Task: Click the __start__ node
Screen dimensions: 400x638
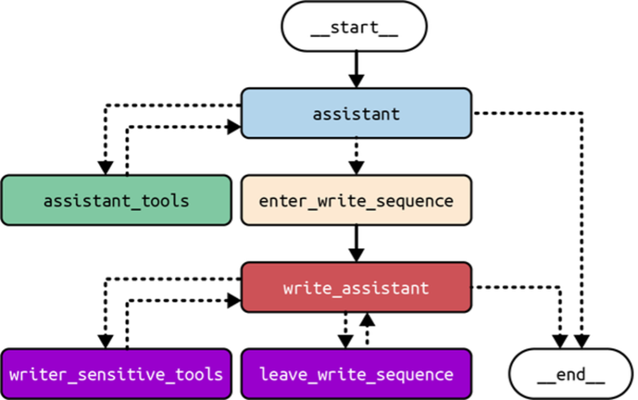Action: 355,28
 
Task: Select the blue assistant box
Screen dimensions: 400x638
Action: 356,113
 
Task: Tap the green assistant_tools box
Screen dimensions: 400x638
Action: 116,200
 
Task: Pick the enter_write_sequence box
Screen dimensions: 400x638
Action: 356,200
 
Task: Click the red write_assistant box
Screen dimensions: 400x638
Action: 356,287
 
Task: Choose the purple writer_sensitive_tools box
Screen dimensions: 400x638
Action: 116,374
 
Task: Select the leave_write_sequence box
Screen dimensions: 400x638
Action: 356,374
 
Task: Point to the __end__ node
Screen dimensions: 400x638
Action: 571,374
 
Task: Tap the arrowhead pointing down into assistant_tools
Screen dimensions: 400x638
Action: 106,167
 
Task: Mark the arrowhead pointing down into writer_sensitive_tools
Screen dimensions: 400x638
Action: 106,342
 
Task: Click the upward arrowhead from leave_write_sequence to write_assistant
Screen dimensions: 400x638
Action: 368,320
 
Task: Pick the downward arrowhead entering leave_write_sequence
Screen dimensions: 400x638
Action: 345,342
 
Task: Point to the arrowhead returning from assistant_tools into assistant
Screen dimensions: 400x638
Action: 234,127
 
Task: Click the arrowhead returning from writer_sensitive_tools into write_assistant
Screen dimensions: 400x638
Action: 234,301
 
